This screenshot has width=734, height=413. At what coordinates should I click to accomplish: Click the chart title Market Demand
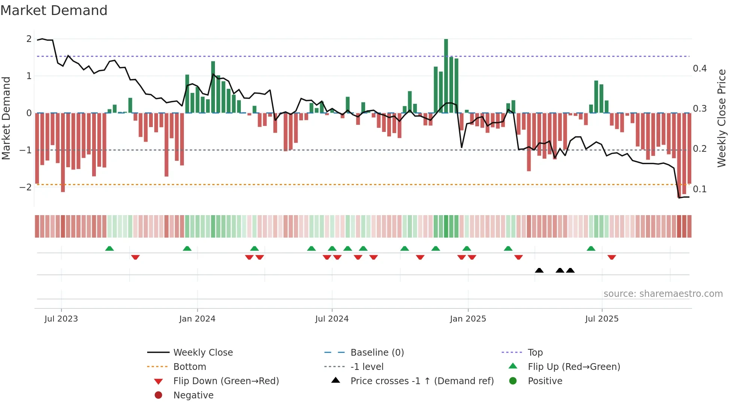(54, 10)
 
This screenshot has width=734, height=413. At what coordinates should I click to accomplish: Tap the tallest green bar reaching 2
(446, 75)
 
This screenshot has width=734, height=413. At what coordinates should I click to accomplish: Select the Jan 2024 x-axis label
(197, 319)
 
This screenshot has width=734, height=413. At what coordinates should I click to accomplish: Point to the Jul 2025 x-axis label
(602, 319)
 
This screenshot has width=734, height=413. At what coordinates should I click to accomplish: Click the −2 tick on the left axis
(25, 187)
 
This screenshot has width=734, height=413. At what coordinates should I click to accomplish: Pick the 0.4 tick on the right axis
(700, 69)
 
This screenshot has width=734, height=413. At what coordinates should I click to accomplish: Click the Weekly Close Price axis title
(721, 118)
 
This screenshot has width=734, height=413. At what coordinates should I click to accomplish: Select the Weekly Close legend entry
(203, 353)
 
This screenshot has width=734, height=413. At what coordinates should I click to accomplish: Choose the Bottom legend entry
(189, 367)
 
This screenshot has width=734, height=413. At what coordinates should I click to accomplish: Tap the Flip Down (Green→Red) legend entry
(226, 381)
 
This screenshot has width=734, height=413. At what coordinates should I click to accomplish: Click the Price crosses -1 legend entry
(422, 381)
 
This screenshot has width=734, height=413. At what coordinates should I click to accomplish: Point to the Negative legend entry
(193, 395)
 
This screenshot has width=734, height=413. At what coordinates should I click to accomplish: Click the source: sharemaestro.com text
(663, 294)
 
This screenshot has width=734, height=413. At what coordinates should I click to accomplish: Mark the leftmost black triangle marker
(539, 270)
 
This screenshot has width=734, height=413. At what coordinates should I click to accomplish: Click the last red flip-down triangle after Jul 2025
(612, 257)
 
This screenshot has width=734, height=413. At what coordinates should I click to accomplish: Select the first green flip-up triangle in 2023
(109, 248)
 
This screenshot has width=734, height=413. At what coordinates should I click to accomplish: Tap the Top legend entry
(535, 353)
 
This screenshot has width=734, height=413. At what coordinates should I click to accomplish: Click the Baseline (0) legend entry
(377, 353)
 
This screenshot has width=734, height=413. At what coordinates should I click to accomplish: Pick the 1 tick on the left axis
(29, 76)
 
